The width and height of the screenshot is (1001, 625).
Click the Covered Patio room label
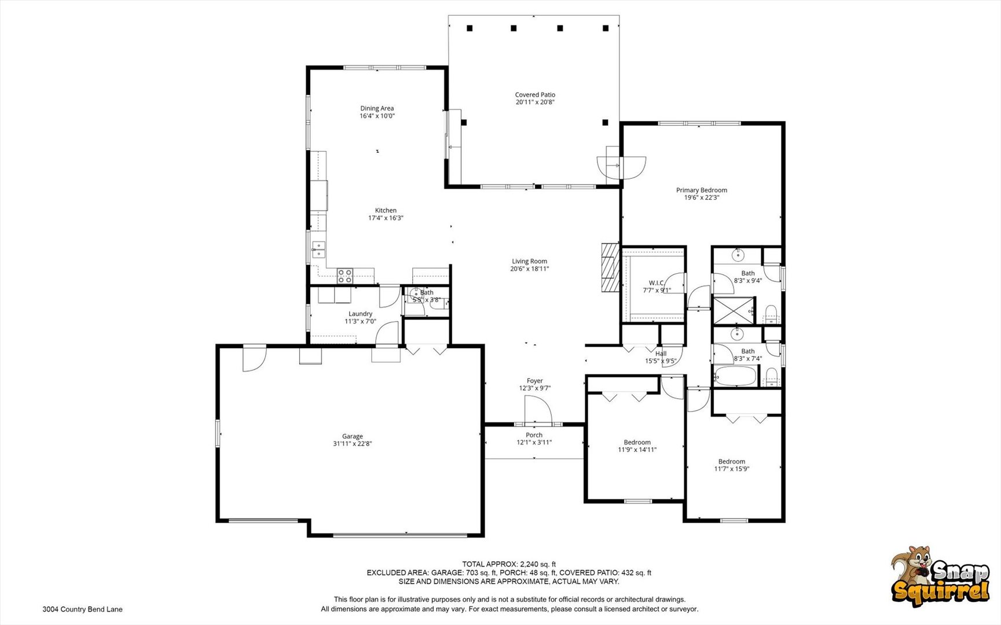535,95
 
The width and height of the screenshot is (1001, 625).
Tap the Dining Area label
377,108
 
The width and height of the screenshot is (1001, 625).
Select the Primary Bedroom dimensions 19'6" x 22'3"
702,197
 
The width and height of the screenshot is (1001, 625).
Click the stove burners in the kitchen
345,275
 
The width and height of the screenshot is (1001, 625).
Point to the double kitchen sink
318,249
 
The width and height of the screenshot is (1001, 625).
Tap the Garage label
352,436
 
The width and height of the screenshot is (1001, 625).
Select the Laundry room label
360,314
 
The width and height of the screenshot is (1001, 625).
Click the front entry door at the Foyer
538,410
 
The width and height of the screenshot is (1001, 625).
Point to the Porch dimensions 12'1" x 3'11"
534,443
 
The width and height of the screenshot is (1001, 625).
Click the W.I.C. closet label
657,283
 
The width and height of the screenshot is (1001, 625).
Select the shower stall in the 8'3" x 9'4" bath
734,310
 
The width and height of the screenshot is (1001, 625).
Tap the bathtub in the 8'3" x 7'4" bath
735,376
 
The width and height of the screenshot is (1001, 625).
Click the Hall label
661,354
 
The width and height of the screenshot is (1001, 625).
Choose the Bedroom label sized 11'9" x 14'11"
637,442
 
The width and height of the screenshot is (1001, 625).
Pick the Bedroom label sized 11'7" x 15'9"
732,462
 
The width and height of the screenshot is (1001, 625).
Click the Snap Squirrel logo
940,576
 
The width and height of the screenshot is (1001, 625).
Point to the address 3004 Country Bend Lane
82,609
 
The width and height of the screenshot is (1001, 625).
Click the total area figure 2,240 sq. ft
538,564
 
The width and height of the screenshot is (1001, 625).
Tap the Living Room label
529,262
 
